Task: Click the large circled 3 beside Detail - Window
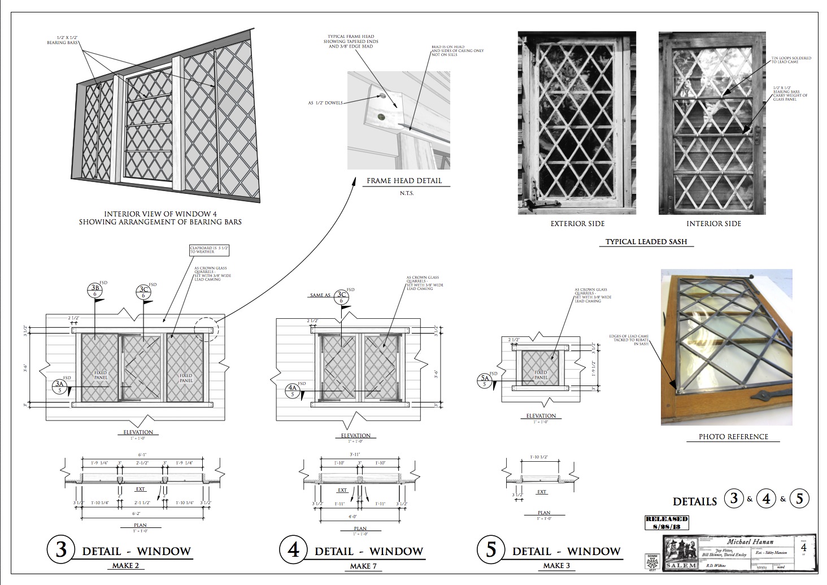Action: pyautogui.click(x=61, y=549)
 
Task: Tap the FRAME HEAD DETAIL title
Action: pyautogui.click(x=404, y=181)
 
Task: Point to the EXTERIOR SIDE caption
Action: pyautogui.click(x=577, y=224)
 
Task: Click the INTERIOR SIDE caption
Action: pyautogui.click(x=713, y=224)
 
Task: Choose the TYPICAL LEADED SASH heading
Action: pyautogui.click(x=646, y=242)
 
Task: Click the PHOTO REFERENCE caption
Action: pyautogui.click(x=733, y=436)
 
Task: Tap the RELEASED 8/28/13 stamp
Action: pyautogui.click(x=667, y=522)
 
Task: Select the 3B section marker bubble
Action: pyautogui.click(x=94, y=291)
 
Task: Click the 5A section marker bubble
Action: pyautogui.click(x=484, y=381)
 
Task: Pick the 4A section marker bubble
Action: pyautogui.click(x=293, y=391)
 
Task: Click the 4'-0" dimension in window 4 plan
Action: pyautogui.click(x=354, y=517)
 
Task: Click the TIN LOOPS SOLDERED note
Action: pyautogui.click(x=791, y=59)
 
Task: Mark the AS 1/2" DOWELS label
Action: pyautogui.click(x=325, y=103)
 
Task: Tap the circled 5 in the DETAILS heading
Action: pyautogui.click(x=799, y=499)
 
